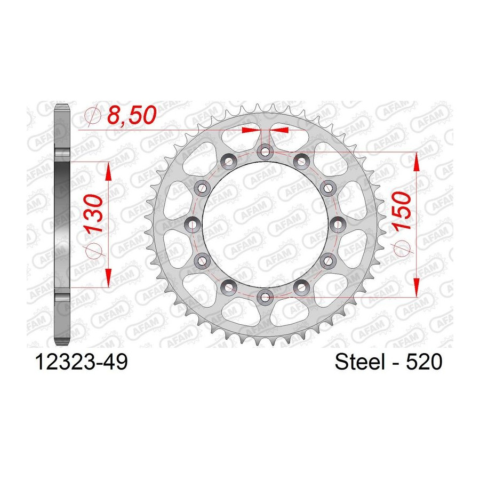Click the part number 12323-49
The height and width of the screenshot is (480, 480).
tap(82, 363)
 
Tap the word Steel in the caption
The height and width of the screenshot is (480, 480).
tap(359, 362)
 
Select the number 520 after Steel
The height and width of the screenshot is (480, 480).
tap(424, 362)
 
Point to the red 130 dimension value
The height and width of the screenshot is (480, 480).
tap(94, 213)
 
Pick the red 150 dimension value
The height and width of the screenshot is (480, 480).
tap(401, 211)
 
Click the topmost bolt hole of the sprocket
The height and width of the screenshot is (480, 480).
tap(265, 151)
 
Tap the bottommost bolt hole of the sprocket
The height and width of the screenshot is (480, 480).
tap(265, 297)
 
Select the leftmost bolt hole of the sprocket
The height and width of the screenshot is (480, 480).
tap(192, 225)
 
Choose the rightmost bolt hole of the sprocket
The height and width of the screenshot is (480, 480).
tap(338, 225)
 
